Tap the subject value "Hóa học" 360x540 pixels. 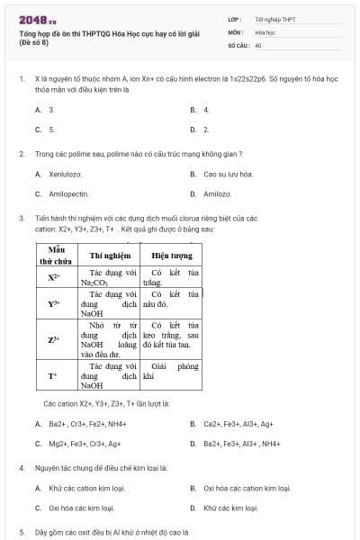265,31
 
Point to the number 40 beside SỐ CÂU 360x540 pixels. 258,44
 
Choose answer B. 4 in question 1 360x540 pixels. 206,109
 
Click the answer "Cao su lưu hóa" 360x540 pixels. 228,174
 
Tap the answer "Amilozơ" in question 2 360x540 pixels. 217,193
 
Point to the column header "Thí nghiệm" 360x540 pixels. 110,255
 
